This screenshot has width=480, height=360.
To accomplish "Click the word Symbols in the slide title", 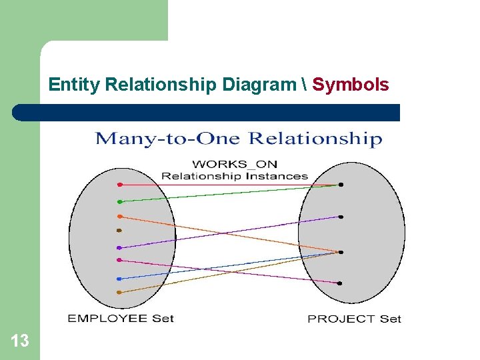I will point(351,85).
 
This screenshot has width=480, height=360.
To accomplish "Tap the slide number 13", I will point(20,341).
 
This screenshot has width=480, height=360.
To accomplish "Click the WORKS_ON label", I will point(235,164).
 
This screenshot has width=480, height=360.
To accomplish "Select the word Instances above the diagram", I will point(277,176).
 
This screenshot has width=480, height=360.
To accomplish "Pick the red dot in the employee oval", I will point(120,184).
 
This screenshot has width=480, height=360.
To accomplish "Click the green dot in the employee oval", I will point(120,201).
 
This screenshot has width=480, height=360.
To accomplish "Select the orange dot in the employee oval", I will point(120,216).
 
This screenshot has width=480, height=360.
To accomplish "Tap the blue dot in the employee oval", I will point(119,279).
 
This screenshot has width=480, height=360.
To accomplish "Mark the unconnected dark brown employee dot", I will point(119,231).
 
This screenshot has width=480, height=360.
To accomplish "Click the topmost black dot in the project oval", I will point(341,185).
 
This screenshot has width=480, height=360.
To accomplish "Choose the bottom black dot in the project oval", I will point(340,283).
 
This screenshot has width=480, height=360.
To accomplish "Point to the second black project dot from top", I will point(341,217).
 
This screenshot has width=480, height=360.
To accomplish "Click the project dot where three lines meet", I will point(340,252).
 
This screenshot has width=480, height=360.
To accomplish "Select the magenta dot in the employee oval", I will point(119,260).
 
